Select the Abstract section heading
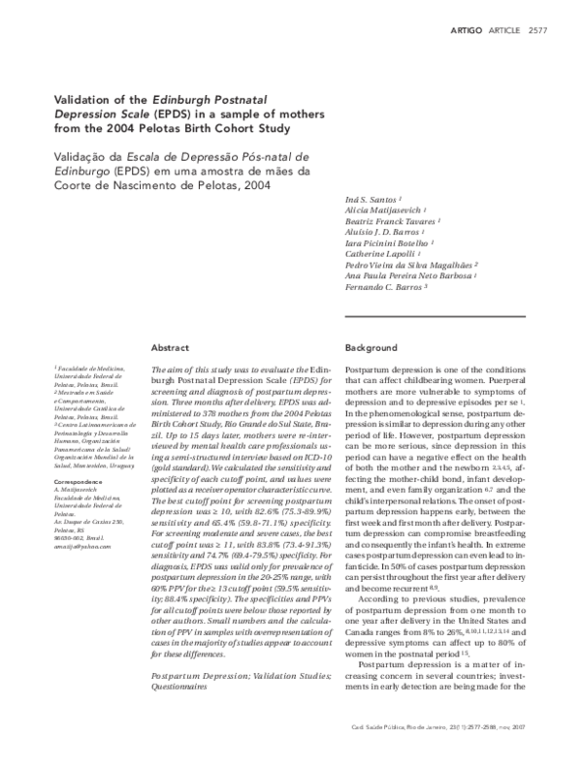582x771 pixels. [171, 346]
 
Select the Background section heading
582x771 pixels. [372, 346]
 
